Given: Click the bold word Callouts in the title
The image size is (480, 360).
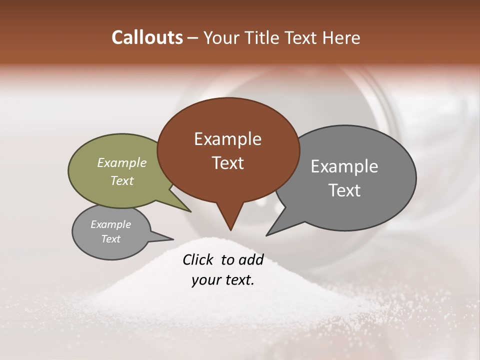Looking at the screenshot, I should (147, 37).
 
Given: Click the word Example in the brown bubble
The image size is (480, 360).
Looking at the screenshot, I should (227, 139).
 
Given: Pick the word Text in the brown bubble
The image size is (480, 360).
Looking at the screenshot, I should (227, 163).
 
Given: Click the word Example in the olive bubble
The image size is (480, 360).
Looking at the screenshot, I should (122, 162).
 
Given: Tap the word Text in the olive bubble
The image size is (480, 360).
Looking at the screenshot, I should (122, 180).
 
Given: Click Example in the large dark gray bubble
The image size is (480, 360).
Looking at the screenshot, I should (344, 166).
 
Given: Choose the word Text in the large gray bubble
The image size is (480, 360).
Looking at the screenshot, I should (344, 190).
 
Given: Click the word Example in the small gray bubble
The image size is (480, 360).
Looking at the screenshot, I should (110, 224).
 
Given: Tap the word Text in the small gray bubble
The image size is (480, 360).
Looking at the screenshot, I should (110, 239).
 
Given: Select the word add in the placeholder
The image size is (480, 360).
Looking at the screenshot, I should (251, 259).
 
